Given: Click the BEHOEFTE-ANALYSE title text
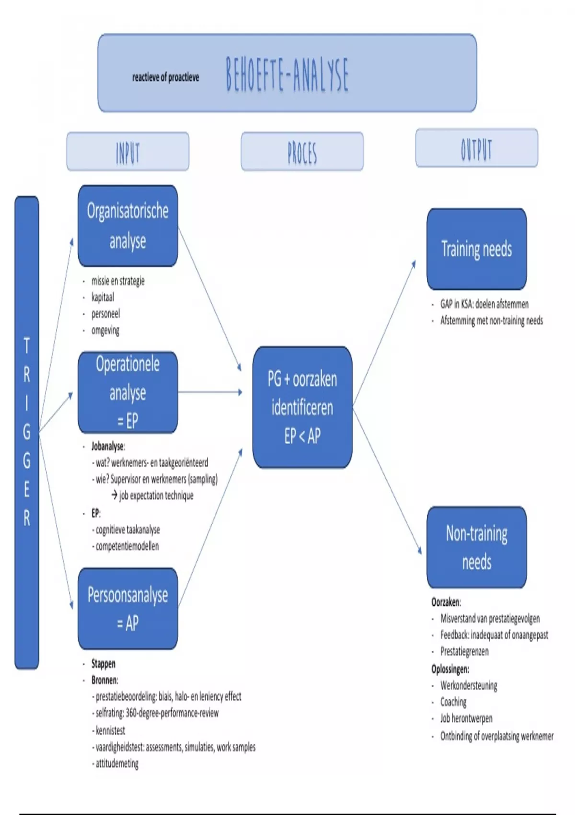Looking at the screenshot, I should tap(287, 75).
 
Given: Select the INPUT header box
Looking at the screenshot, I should tap(127, 152).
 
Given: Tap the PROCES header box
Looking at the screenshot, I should tap(302, 152).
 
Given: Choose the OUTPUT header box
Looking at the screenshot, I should tap(476, 148).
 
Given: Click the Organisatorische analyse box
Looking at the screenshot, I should tap(127, 226).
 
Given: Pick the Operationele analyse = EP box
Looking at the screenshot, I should tap(127, 392).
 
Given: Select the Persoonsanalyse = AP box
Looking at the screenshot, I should tap(127, 608).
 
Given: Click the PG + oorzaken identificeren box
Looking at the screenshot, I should tap(302, 407).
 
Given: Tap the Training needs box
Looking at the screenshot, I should tap(476, 249).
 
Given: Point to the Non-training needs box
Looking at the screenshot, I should tap(476, 547).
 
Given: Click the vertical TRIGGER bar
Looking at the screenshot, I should tap(27, 431).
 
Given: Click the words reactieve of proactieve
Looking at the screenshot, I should tap(166, 77).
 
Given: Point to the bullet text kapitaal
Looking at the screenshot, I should tap(103, 297).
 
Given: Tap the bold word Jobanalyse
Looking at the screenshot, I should tap(108, 446).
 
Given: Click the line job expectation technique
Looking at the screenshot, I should tap(156, 496).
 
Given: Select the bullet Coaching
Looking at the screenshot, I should tap(453, 702).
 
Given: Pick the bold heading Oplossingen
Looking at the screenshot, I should tap(450, 669).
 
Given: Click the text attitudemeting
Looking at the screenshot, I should tap(117, 763).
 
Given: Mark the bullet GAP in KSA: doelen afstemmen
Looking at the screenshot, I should tap(484, 304).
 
